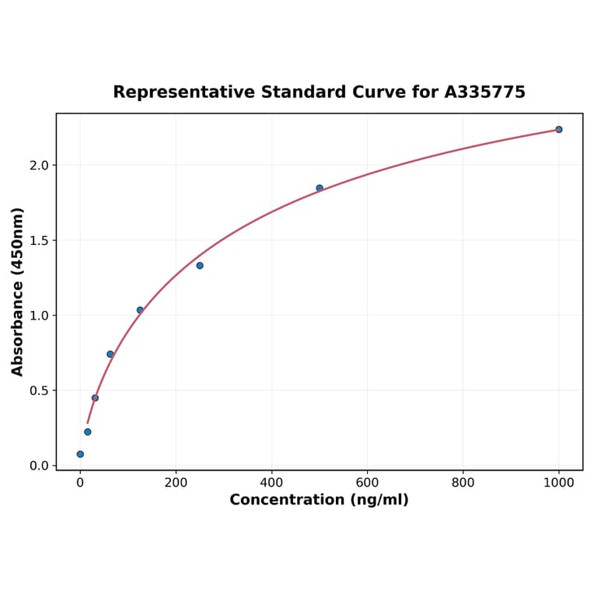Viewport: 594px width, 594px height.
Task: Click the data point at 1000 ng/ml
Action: click(558, 129)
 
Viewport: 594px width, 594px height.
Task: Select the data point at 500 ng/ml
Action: click(320, 188)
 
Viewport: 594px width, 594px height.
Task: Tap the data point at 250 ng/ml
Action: click(200, 266)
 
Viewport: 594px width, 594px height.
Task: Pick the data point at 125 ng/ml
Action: click(140, 310)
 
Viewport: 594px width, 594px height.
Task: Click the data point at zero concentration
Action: click(80, 454)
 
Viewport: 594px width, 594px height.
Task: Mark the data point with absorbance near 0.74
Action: click(110, 355)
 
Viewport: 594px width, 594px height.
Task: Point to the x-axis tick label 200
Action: click(176, 482)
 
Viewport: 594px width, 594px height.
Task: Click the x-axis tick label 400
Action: click(271, 482)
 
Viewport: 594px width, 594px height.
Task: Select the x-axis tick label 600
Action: click(367, 482)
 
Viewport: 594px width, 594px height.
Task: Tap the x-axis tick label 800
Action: click(463, 482)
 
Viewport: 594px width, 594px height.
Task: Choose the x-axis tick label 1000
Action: click(558, 482)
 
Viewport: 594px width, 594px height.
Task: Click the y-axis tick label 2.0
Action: click(39, 166)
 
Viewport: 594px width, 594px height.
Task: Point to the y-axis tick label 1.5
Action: click(39, 240)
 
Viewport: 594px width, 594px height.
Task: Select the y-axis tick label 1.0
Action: click(39, 316)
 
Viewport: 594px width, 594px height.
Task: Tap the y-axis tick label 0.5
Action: click(39, 391)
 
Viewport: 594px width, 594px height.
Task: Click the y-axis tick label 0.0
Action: click(39, 466)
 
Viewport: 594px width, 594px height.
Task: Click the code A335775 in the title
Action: click(485, 93)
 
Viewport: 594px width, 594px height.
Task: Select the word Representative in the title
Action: click(183, 93)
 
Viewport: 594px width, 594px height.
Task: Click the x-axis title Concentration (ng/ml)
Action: click(319, 500)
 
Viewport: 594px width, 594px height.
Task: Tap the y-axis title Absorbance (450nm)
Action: click(17, 292)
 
